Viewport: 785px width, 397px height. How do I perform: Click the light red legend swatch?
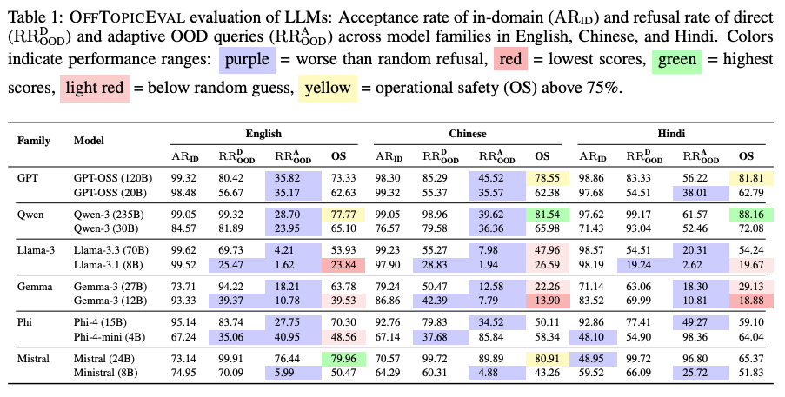(x=90, y=88)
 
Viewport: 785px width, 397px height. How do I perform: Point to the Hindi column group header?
(x=672, y=136)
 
